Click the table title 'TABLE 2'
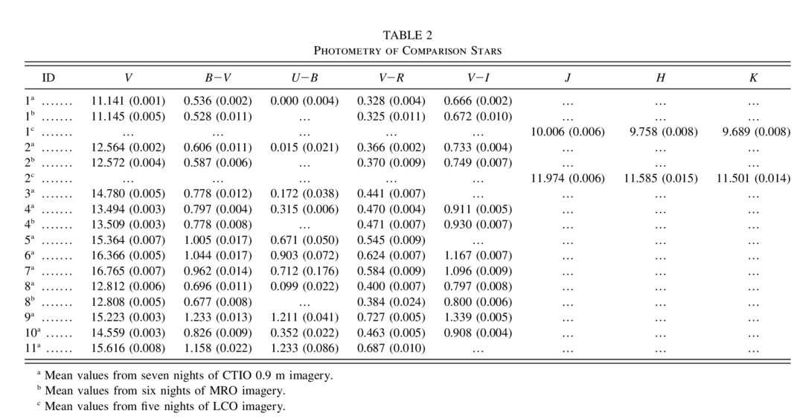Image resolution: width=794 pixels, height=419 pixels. coord(408,35)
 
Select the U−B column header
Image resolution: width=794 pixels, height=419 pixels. coord(304,77)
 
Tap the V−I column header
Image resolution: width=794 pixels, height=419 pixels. coord(478,77)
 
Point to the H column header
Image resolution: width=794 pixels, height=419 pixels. coord(660,77)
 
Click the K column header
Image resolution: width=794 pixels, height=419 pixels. coord(754,77)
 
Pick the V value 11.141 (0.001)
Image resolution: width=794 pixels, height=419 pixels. coord(128,101)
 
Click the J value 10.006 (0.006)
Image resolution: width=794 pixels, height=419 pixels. coord(568,132)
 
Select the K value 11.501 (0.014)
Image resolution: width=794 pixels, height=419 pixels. coord(754,179)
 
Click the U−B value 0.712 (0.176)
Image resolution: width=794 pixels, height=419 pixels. coord(304,271)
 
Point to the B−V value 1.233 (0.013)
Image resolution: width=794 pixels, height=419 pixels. coord(218,317)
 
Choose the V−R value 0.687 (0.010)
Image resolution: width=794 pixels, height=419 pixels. coord(391,348)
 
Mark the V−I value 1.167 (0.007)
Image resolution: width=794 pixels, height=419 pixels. coord(478,255)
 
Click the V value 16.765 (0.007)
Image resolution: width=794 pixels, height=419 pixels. coord(128,271)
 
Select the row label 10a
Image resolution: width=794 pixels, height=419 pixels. coord(31,333)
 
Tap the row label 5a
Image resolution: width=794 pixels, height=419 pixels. coord(29,240)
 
